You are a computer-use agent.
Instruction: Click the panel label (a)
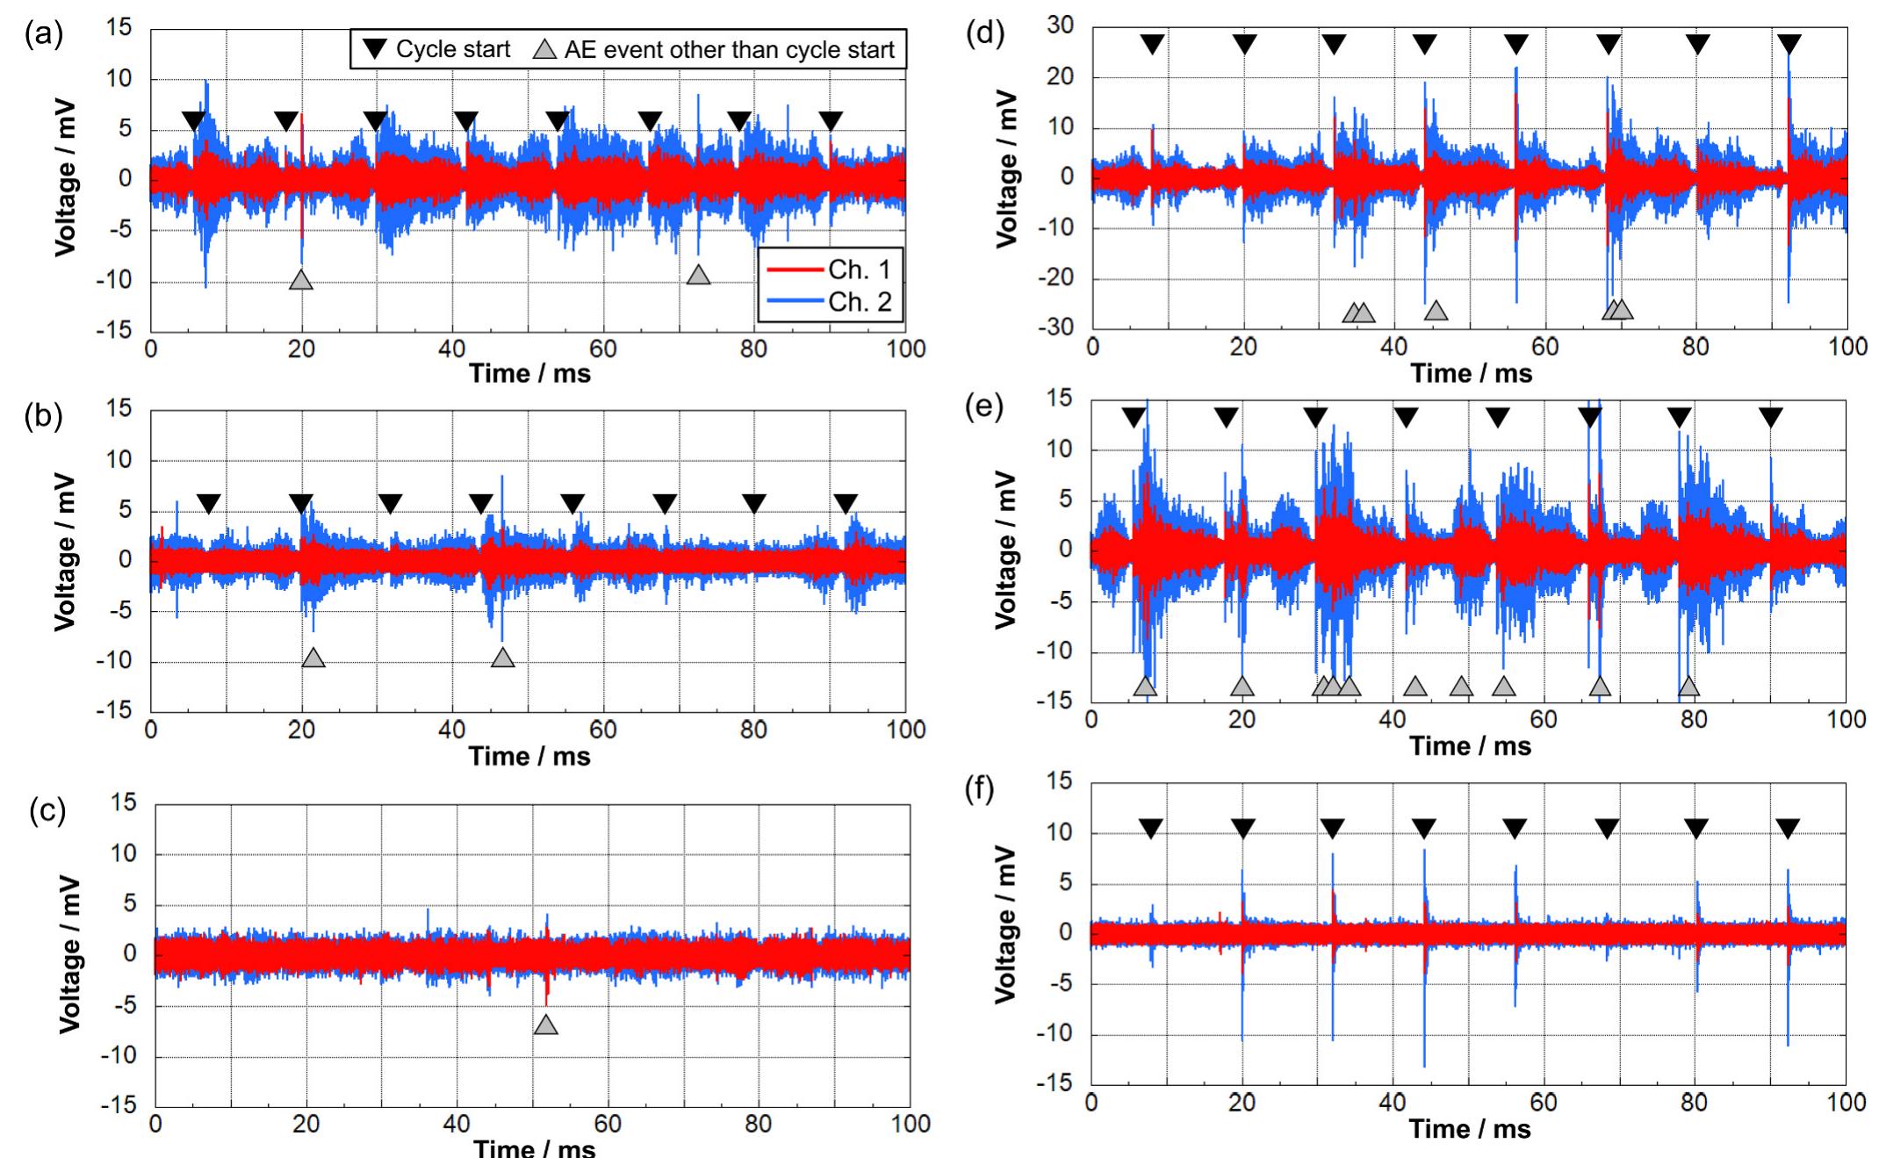coord(44,35)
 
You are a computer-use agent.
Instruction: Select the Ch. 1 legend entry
coord(859,270)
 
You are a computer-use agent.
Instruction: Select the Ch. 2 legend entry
coord(859,302)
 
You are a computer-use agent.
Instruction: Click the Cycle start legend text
coord(452,50)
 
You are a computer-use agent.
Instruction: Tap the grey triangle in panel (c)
coord(545,1025)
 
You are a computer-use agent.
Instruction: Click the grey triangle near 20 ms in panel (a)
coord(301,280)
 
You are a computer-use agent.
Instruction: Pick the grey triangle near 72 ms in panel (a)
coord(698,275)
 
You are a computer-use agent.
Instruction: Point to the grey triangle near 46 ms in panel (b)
coord(502,658)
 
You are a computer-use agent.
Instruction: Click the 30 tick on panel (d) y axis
coord(1061,26)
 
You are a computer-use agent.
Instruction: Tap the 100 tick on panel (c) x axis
coord(910,1124)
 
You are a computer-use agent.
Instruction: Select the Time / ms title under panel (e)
coord(1470,746)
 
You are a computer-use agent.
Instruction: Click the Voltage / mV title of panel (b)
coord(66,553)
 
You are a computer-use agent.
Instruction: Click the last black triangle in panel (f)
coord(1787,828)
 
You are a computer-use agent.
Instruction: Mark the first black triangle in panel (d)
coord(1152,45)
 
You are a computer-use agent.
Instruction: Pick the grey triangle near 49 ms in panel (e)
coord(1460,687)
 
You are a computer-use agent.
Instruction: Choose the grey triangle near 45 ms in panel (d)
coord(1436,310)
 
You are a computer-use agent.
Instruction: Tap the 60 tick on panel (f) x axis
coord(1543,1103)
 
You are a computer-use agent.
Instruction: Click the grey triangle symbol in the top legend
coord(545,50)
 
